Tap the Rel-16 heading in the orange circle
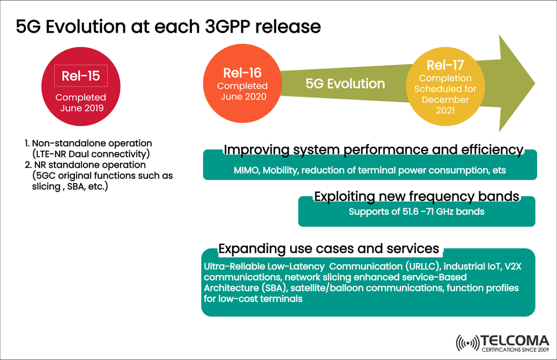tap(243, 73)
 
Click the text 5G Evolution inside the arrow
tap(345, 84)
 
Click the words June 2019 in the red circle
tap(81, 108)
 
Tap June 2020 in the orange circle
tap(243, 96)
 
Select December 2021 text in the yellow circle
tap(446, 105)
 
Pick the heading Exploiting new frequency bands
tap(416, 196)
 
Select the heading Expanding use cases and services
tap(328, 249)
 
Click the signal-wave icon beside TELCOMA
tap(468, 343)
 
